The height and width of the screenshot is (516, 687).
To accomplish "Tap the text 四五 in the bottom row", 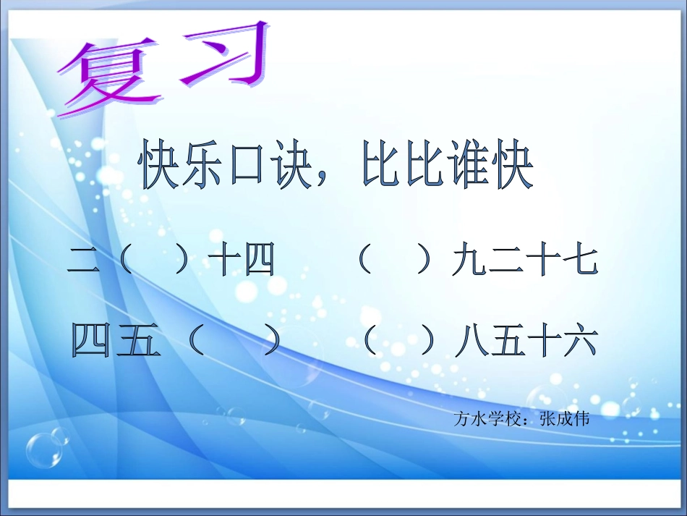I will coord(116,341).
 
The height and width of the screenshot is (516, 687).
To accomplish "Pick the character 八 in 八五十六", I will coord(470,341).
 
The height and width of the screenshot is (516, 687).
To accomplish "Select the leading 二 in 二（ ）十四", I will coord(83,261).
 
